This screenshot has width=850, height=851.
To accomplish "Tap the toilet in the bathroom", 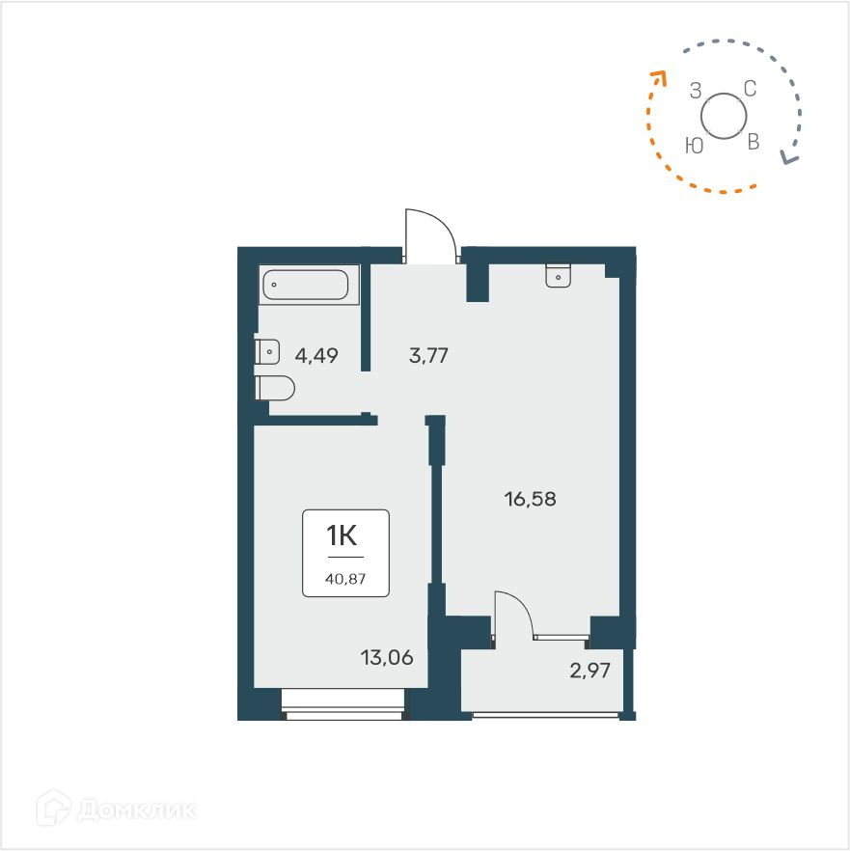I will click(275, 388).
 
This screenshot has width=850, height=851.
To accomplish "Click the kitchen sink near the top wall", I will click(559, 276).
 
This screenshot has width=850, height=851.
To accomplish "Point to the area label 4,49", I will click(315, 356).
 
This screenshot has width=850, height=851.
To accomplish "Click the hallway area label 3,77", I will click(428, 356).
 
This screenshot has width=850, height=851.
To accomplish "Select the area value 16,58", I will click(531, 499).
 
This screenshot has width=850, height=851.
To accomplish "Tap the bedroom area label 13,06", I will click(386, 659).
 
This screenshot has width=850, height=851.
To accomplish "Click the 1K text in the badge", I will click(345, 536).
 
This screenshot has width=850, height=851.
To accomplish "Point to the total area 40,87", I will click(345, 580).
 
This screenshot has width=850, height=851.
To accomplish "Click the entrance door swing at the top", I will click(429, 234).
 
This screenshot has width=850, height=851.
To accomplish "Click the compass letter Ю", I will click(693, 145).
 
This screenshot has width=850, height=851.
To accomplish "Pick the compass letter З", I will click(695, 92).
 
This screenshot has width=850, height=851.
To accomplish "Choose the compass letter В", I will click(754, 143).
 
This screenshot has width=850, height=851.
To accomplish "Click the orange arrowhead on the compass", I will click(659, 76).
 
